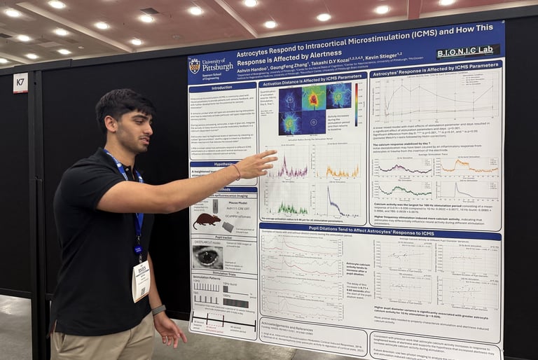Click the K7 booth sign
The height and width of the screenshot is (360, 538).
tap(20, 83)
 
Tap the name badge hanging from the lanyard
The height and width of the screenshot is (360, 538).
tap(141, 280)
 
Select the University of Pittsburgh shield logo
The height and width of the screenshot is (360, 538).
tap(195, 66)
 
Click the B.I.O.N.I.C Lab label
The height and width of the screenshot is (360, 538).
tap(468, 52)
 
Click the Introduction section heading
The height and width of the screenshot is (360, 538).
tap(221, 88)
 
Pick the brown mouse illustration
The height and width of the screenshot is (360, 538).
tap(208, 220)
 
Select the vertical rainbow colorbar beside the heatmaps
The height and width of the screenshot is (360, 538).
tap(355, 104)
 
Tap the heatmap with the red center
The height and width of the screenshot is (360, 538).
tap(314, 98)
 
